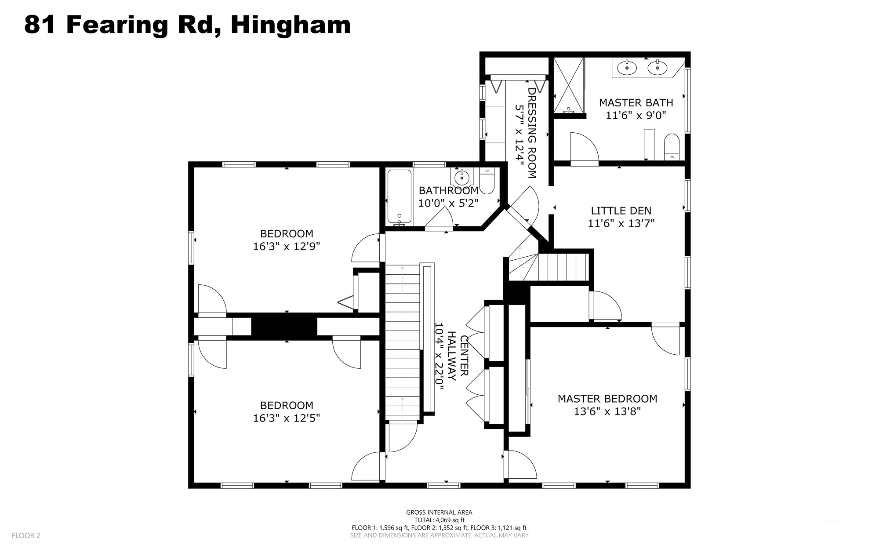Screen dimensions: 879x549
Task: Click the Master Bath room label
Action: pos(636,103)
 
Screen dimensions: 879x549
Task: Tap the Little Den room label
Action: pos(621,211)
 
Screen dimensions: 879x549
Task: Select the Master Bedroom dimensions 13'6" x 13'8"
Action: pos(607,412)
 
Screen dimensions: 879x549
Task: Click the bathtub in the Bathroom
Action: pos(400,197)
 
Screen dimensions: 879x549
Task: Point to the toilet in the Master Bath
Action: pos(672,147)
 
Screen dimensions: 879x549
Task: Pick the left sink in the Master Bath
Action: pos(627,68)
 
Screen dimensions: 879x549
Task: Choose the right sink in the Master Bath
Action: pos(657,68)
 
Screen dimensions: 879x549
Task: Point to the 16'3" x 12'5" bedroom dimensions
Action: pos(286,418)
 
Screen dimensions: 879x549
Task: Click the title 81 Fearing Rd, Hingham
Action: pos(187,25)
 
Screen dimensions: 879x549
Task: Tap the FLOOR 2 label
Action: pos(26,535)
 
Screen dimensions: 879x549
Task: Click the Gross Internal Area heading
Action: pos(439,512)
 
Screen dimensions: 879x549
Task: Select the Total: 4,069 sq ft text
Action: pos(439,520)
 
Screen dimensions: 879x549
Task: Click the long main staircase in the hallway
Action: pos(403,342)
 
